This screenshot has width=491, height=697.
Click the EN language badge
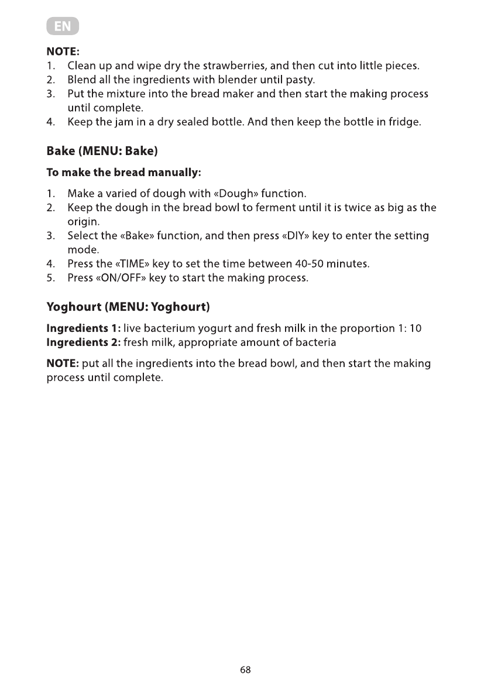pos(63,27)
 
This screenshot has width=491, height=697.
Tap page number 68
pos(245,670)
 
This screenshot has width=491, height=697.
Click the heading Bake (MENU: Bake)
pos(102,151)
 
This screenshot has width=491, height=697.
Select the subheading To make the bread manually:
pos(124,173)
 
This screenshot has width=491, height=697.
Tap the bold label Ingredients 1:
pos(84,328)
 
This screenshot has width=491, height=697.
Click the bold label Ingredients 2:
pos(84,342)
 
